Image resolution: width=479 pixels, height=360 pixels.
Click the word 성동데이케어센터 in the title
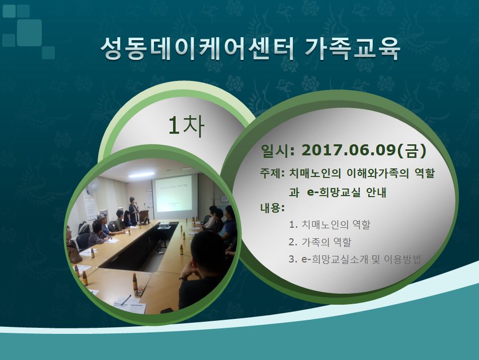197,49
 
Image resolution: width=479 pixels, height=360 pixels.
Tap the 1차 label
186,126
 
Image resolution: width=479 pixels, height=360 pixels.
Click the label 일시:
278,150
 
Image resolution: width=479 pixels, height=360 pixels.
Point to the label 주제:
272,173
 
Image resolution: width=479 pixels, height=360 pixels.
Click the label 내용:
272,208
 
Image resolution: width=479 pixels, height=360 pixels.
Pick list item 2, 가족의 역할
320,242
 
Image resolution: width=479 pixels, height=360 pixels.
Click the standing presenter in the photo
134,211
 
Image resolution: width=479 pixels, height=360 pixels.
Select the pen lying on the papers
126,300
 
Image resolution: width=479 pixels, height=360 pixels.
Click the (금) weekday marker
412,150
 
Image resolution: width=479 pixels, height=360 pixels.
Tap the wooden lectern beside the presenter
144,217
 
